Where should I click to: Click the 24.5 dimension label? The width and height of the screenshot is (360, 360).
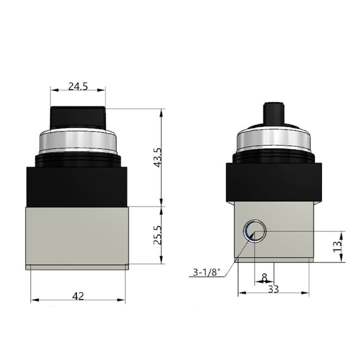[x=78, y=86]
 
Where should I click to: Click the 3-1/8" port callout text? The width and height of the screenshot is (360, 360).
[x=207, y=272]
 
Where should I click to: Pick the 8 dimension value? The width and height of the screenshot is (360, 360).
[x=264, y=276]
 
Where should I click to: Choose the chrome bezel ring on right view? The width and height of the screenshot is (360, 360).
[x=273, y=141]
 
